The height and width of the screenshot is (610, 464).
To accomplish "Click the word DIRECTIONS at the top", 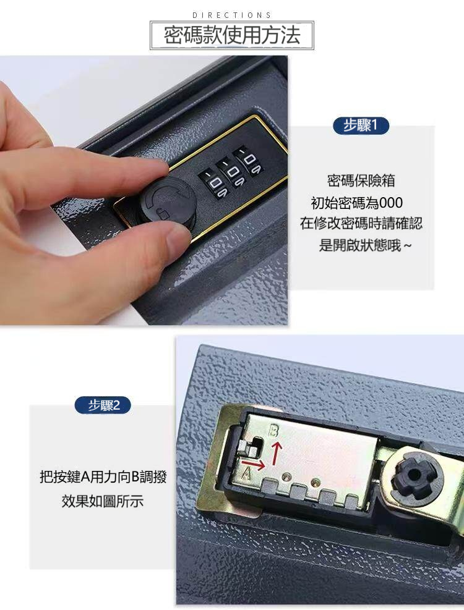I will pos(232,15).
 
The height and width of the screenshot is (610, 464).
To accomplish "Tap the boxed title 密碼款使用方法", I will pos(232,36).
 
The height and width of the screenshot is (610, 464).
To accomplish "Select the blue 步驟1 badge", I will pos(361,126).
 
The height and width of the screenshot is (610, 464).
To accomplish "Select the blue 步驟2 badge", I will pos(102,405).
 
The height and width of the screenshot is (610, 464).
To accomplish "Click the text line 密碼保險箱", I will pos(361,181).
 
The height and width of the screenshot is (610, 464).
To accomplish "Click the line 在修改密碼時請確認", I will pos(361,224).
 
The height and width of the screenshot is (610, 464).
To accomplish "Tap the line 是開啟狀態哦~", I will pos(364,245).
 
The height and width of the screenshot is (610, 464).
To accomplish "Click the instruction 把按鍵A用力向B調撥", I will pos(103,477).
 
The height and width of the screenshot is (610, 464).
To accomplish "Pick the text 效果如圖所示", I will pos(103,501).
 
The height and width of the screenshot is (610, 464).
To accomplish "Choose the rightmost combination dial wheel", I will pos(250,161).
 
